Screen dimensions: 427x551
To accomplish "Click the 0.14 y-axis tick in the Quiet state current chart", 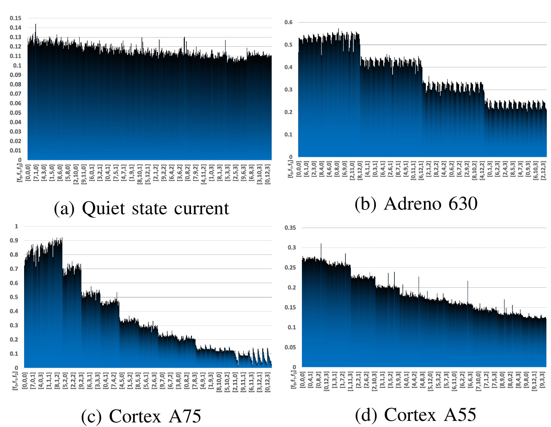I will click(x=16, y=28).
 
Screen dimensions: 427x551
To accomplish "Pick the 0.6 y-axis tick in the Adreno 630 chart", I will click(x=289, y=22).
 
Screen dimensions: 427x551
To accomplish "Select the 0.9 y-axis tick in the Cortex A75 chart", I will click(x=14, y=240).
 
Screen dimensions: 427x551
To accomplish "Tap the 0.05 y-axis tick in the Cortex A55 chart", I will click(x=290, y=347).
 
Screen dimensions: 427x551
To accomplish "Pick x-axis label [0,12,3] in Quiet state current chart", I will click(x=267, y=174).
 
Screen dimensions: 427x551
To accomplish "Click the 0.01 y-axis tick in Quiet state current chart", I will click(x=16, y=150).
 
